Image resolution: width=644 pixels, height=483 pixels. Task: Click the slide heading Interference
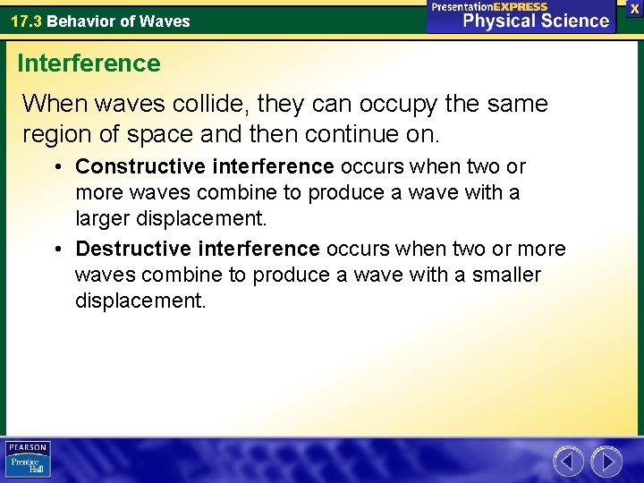coord(89,64)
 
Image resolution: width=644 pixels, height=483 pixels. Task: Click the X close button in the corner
coord(633,8)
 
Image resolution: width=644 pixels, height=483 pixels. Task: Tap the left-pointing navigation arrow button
coord(567,462)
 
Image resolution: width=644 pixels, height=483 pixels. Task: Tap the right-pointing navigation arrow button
coord(606,462)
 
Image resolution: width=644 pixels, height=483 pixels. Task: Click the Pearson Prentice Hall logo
coord(28,460)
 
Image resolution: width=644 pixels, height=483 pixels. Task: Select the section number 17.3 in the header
coord(26,21)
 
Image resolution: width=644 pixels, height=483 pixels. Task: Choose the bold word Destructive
coord(122,248)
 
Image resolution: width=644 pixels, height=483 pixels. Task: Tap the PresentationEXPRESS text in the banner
coord(489,6)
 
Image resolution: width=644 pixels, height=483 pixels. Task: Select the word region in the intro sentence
coord(55,136)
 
